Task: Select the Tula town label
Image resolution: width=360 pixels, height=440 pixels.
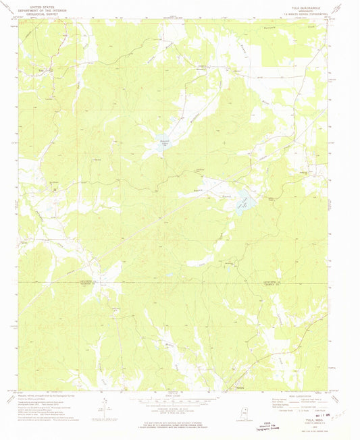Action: [48, 68]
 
